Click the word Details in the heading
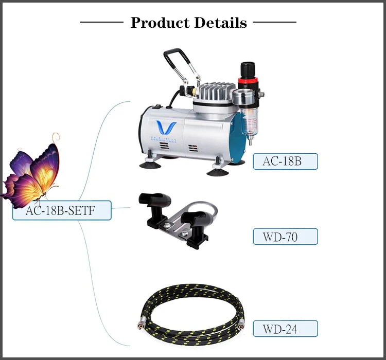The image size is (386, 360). click(x=221, y=23)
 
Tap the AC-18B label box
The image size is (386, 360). click(x=285, y=161)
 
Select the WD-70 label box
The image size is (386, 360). click(x=285, y=237)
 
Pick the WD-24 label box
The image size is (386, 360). click(x=285, y=328)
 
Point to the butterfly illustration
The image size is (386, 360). click(x=33, y=172)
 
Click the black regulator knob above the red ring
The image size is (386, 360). click(x=248, y=68)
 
